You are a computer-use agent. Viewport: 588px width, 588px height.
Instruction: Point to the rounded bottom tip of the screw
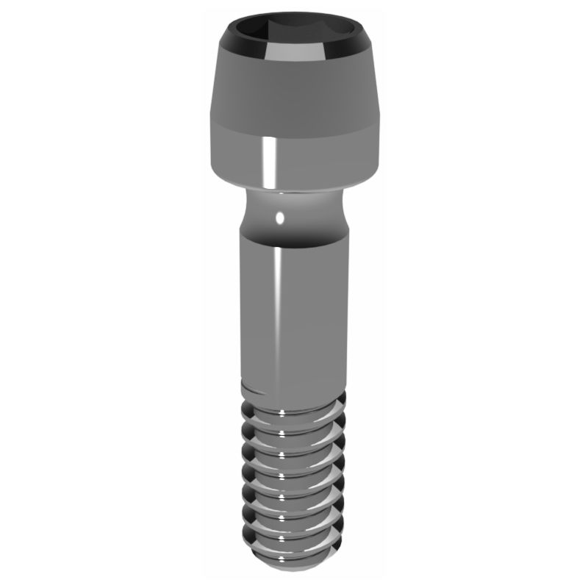tap(294, 566)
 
